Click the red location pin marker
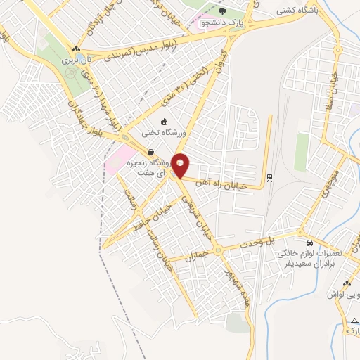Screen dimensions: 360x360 click(x=181, y=165)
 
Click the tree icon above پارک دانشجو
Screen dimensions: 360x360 click(x=222, y=11)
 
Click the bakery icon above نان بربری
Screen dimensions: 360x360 click(x=75, y=48)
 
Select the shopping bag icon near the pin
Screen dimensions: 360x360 click(x=150, y=152)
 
